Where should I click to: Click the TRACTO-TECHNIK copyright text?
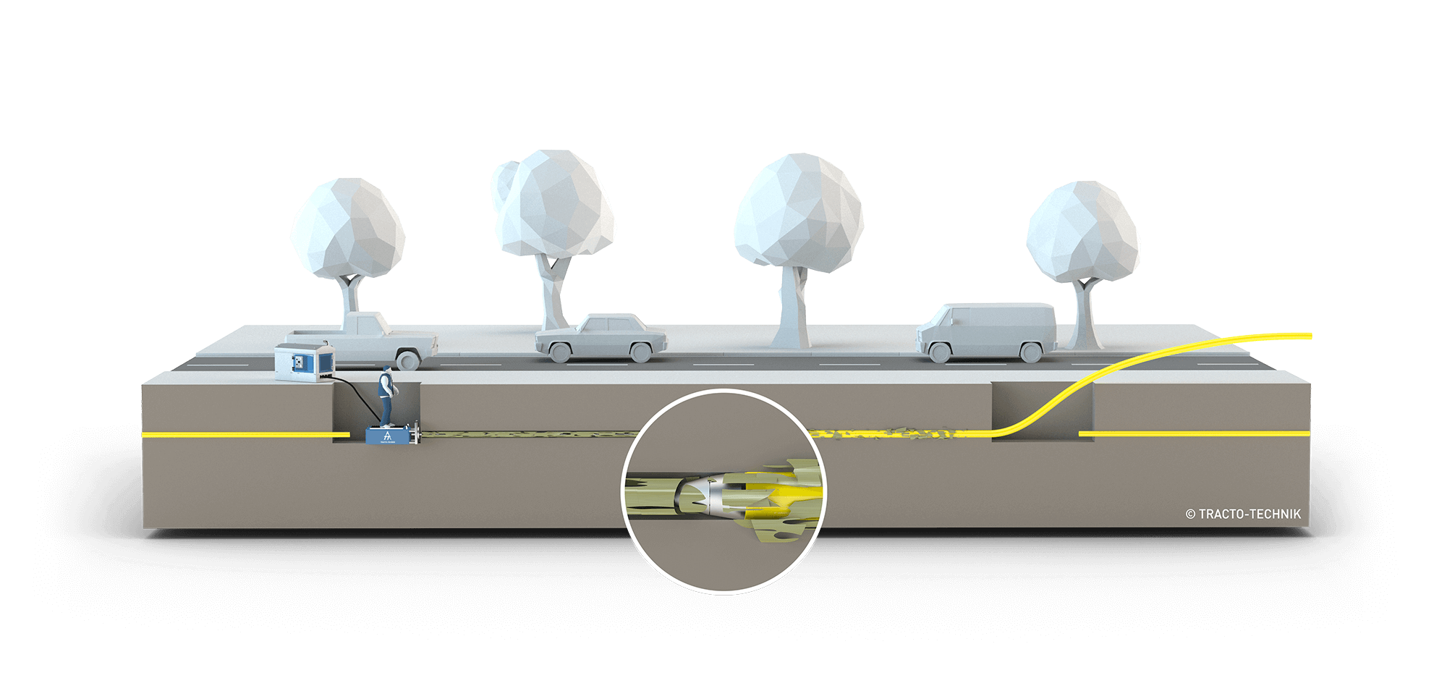point(1243,514)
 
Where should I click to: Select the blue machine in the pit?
point(390,436)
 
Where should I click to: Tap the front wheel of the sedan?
point(559,352)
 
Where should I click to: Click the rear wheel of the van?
point(1027,352)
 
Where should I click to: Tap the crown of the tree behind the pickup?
point(347,228)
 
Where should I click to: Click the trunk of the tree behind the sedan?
point(553,293)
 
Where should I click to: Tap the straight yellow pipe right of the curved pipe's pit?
point(1194,433)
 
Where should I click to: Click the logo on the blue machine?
point(387,436)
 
